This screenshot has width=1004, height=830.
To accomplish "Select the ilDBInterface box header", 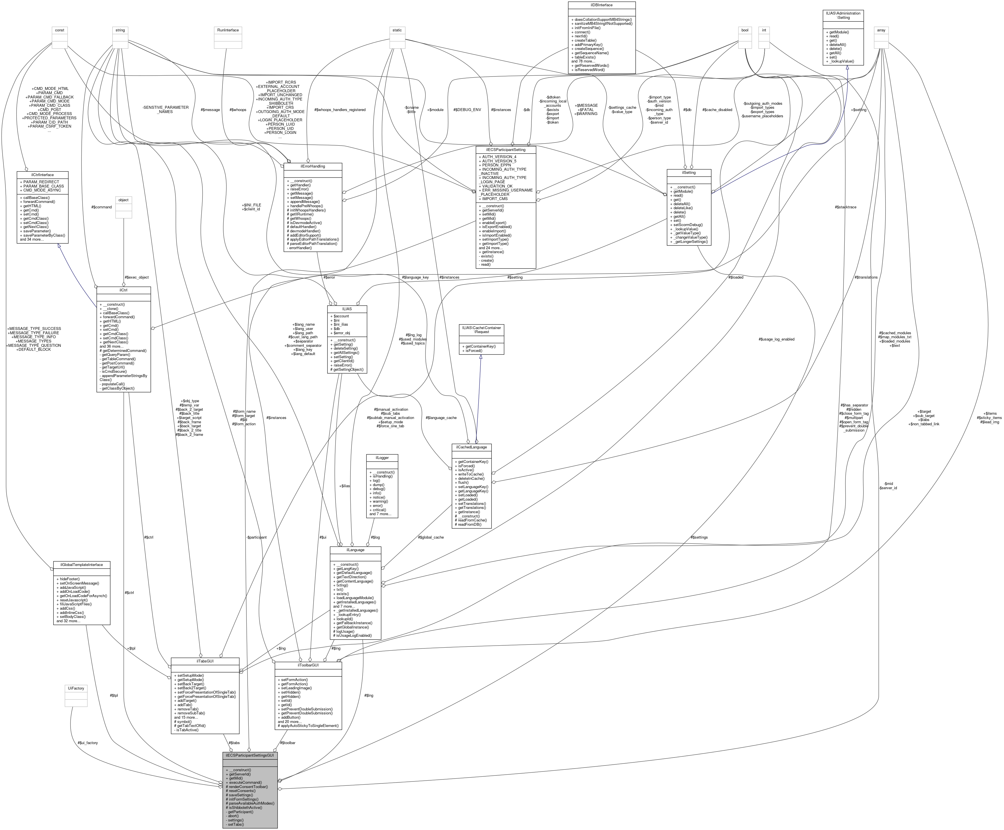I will click(x=601, y=5).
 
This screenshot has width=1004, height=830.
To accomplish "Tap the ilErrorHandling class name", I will click(x=313, y=166).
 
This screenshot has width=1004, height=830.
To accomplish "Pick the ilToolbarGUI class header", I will click(x=308, y=665).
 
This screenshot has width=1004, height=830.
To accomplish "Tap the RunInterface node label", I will click(x=228, y=30).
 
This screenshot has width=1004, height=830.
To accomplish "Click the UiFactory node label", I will click(x=76, y=688).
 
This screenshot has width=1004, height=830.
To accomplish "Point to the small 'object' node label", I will click(x=124, y=200).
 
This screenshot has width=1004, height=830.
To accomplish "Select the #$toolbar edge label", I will click(x=288, y=743).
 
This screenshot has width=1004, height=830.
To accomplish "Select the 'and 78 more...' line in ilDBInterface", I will click(x=583, y=61).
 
